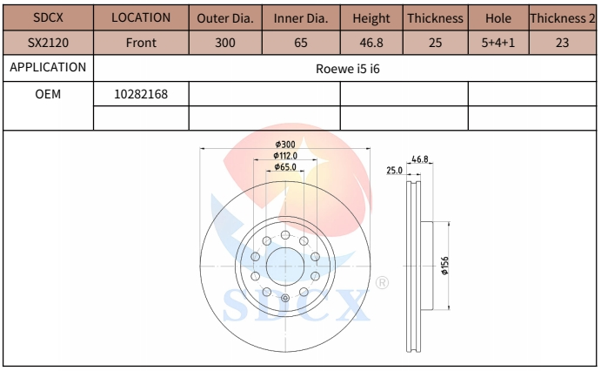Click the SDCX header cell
pyautogui.click(x=47, y=17)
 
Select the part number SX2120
pyautogui.click(x=47, y=42)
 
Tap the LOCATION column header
pyautogui.click(x=141, y=17)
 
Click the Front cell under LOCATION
pyautogui.click(x=141, y=42)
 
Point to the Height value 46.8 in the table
pyautogui.click(x=371, y=42)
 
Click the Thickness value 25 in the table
pyautogui.click(x=436, y=42)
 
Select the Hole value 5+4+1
pyautogui.click(x=498, y=42)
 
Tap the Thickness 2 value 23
pyautogui.click(x=564, y=42)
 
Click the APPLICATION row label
pyautogui.click(x=47, y=67)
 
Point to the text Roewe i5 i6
pyautogui.click(x=345, y=68)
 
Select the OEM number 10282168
pyautogui.click(x=141, y=94)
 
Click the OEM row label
pyautogui.click(x=47, y=94)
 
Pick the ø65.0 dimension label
pyautogui.click(x=285, y=166)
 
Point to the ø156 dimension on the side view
pyautogui.click(x=445, y=266)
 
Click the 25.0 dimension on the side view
pyautogui.click(x=394, y=171)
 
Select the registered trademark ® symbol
pyautogui.click(x=381, y=283)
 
